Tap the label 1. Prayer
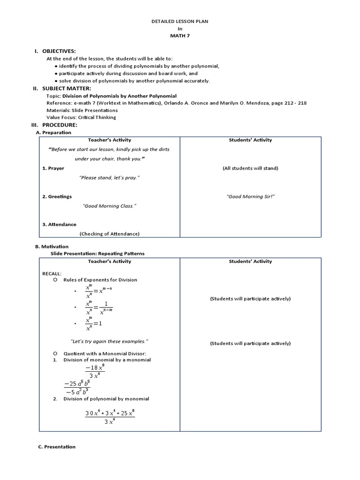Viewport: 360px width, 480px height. (53, 168)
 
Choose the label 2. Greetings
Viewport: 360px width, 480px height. (57, 196)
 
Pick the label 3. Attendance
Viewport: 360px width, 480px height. (59, 225)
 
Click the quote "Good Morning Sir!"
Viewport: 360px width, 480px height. (250, 196)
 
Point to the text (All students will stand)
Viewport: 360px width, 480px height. (250, 168)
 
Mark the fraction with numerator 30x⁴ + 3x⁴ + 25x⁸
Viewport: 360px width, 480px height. (110, 417)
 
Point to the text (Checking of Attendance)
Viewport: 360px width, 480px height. (109, 233)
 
